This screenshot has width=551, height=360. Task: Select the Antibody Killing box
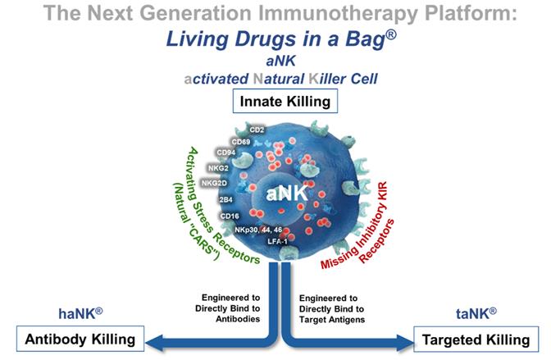point(80,337)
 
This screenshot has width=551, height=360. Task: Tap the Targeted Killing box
point(471,337)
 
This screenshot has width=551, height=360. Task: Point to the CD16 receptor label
point(230,216)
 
